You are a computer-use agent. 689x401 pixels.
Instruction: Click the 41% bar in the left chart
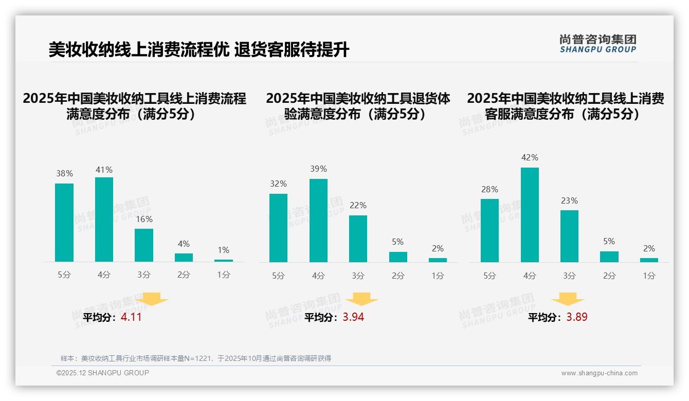click(x=104, y=220)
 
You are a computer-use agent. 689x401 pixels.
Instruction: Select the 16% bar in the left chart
click(x=144, y=245)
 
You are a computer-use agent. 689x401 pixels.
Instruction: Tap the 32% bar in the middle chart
click(x=278, y=228)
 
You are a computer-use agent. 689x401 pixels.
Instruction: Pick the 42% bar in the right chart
click(x=530, y=215)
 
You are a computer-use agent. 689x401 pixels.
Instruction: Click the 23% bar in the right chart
click(x=569, y=236)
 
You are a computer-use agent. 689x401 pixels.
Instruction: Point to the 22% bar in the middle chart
click(x=358, y=239)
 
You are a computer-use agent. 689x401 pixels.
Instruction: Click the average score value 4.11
click(x=131, y=317)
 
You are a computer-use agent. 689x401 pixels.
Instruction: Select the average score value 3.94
click(x=353, y=317)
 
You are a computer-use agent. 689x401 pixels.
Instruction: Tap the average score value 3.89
click(x=577, y=317)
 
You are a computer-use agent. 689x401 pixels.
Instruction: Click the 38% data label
click(x=64, y=174)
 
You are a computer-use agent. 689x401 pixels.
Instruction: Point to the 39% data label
click(x=318, y=169)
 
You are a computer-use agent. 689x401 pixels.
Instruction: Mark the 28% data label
click(x=489, y=190)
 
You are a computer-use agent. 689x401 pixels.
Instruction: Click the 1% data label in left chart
click(x=223, y=250)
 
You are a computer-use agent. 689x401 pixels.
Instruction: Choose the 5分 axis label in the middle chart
click(x=278, y=276)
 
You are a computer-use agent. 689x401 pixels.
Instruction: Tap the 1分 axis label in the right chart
click(x=649, y=276)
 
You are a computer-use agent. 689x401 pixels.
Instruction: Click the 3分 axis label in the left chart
click(x=144, y=275)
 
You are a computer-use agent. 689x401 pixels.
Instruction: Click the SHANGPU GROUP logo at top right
click(x=598, y=44)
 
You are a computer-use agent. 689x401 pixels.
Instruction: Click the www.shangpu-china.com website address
click(x=599, y=373)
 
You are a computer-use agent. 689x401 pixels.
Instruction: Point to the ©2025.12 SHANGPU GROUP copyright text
click(x=103, y=373)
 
